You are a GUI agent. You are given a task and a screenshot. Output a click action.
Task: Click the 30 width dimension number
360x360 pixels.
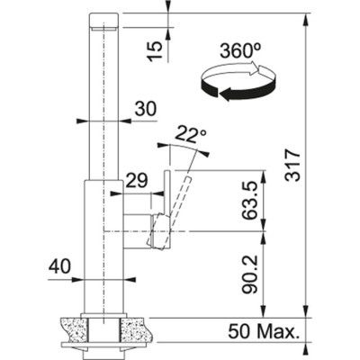coord(145,108)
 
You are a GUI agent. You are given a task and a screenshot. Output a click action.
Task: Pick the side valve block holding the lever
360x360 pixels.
coord(142,230)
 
